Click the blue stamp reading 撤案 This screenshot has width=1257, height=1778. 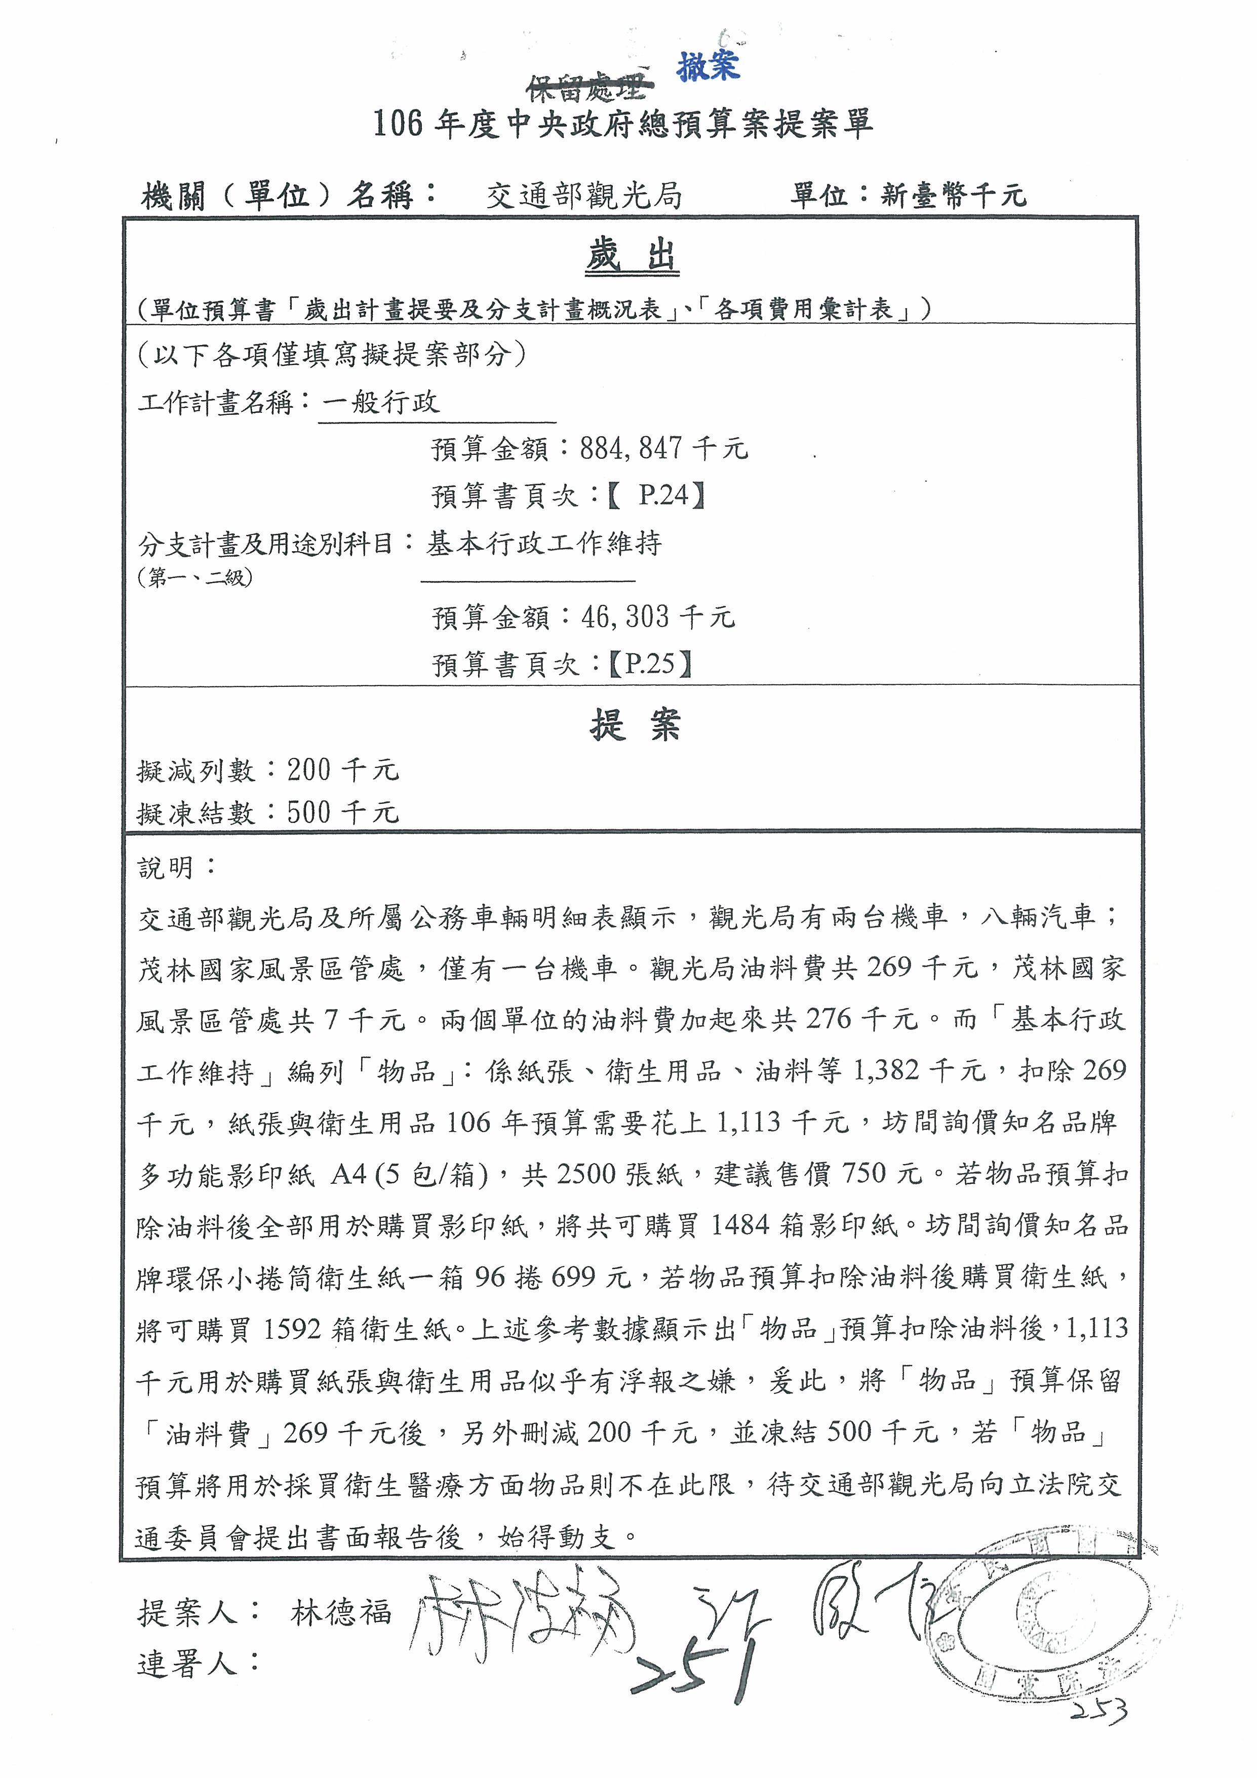tap(708, 66)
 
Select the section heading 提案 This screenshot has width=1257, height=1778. tap(634, 725)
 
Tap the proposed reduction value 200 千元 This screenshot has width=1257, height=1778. tap(342, 770)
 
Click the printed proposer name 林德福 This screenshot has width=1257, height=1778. tap(340, 1612)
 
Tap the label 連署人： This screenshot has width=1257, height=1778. tap(198, 1664)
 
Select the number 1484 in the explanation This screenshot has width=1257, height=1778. tap(739, 1225)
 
